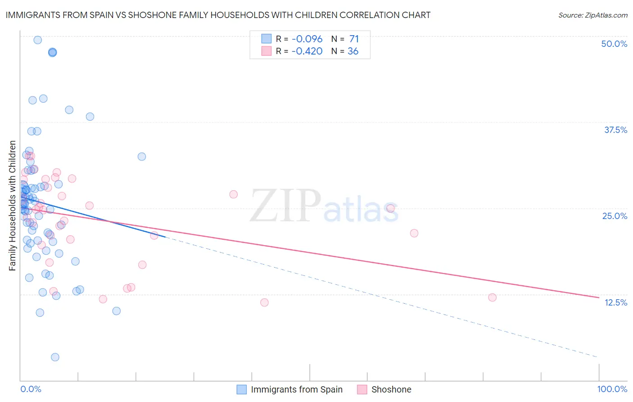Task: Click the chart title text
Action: click(218, 15)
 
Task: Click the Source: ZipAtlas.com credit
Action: click(592, 15)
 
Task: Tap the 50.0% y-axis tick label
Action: click(614, 44)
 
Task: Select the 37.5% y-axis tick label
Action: click(615, 130)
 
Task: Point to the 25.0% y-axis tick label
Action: click(615, 216)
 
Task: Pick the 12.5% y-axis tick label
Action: click(615, 302)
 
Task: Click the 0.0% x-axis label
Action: click(31, 389)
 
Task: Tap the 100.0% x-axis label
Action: click(612, 389)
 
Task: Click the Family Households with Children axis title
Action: click(13, 206)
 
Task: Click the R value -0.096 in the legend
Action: click(307, 39)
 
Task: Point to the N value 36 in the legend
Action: click(353, 51)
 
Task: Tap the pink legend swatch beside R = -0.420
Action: click(267, 51)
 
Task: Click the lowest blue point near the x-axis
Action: click(55, 357)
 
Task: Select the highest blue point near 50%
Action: click(38, 40)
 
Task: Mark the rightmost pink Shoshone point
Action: click(492, 297)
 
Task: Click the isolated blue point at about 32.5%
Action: click(142, 157)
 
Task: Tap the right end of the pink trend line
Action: click(599, 297)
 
